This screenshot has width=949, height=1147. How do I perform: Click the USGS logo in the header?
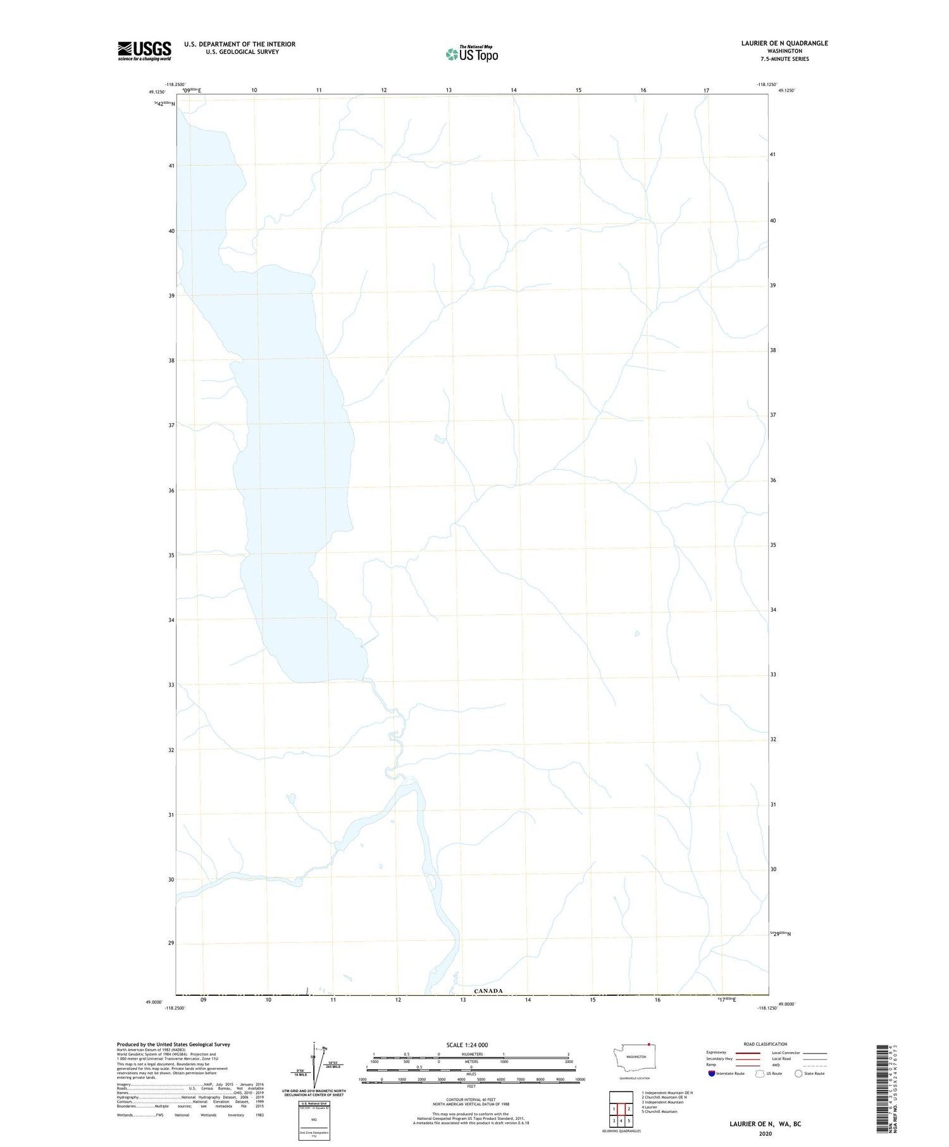point(144,51)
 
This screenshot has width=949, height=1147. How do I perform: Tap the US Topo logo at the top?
point(472,54)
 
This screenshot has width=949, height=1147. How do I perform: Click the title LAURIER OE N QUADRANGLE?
point(785,43)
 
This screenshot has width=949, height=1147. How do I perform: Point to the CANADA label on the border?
point(488,991)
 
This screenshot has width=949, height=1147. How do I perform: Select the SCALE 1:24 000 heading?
point(467,1045)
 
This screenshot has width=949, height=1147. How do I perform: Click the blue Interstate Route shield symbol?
point(712,1074)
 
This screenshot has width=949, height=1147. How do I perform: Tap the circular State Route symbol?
point(798,1074)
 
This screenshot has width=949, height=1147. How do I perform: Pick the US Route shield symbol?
point(760,1074)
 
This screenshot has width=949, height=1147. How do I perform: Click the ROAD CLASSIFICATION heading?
point(766,1044)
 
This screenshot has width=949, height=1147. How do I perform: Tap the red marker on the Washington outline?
point(649,1045)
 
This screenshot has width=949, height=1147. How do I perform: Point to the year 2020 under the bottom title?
point(765,1134)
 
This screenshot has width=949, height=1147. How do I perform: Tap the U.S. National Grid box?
point(314,1120)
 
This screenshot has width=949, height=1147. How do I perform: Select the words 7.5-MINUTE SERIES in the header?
point(785,59)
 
